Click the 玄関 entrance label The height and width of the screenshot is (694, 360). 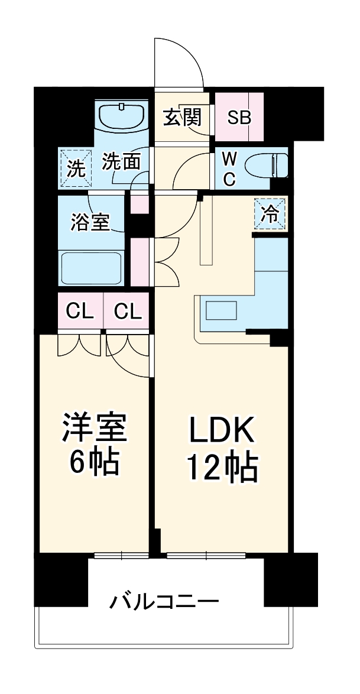[x=183, y=118]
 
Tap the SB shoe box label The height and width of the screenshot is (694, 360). [x=240, y=118]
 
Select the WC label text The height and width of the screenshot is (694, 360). [x=229, y=168]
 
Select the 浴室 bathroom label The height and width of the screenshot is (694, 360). [x=90, y=222]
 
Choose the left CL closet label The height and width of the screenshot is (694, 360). [x=80, y=312]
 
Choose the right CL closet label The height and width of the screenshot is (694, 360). [x=128, y=312]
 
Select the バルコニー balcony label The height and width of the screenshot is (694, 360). [x=164, y=602]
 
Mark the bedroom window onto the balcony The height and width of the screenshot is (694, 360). [x=121, y=555]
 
